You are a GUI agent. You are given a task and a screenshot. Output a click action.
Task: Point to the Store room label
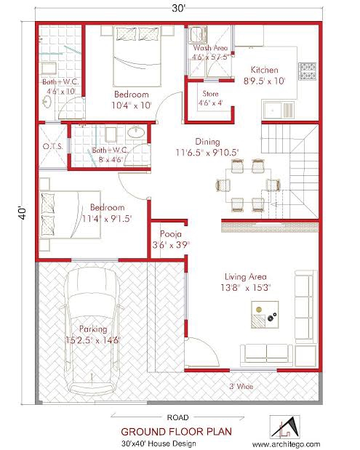(210, 93)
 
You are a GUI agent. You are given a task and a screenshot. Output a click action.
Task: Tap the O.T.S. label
(53, 146)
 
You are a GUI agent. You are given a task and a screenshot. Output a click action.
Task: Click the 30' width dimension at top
(179, 9)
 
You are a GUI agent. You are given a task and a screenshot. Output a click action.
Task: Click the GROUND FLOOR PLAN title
(177, 431)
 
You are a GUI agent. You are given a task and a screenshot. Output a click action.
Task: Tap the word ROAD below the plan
(177, 417)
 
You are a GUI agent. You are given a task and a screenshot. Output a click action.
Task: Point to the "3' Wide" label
(241, 387)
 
